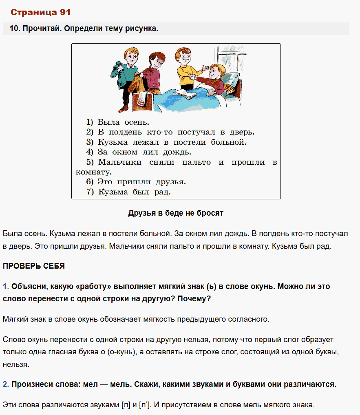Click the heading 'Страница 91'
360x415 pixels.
(40, 12)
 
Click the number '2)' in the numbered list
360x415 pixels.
(90, 132)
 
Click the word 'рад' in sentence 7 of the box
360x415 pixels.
(162, 192)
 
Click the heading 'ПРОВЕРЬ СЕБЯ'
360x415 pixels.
(34, 266)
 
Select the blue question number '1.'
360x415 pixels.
(6, 287)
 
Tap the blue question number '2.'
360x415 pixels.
(6, 384)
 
